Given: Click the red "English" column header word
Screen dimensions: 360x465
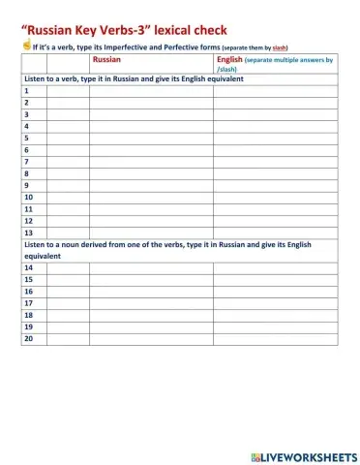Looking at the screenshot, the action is point(230,60).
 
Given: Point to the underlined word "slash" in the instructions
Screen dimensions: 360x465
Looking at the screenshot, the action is point(279,46).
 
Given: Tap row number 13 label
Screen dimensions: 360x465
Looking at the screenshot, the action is point(28,232).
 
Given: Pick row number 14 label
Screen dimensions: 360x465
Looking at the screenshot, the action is point(28,267).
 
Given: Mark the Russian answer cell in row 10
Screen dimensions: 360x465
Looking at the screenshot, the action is point(150,197).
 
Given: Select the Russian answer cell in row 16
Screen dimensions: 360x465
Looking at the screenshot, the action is point(150,291).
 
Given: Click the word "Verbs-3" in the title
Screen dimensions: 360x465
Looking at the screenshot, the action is point(114,30).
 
